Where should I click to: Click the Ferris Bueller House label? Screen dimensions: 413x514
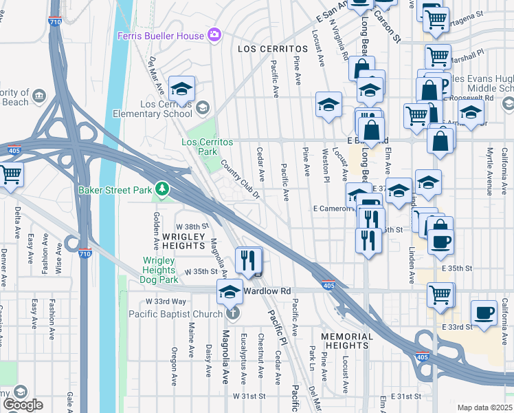tap(161, 36)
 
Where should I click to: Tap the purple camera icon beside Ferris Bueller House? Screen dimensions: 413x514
tap(214, 34)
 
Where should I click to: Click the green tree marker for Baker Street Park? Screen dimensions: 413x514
tap(161, 188)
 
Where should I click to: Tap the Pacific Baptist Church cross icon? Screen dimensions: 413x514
tap(233, 314)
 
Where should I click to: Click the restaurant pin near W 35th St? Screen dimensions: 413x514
tap(249, 260)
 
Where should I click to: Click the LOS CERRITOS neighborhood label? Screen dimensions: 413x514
tap(272, 50)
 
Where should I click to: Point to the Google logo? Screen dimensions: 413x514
tap(23, 405)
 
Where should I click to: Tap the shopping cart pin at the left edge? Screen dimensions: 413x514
tap(11, 175)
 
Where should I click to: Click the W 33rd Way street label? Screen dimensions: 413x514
tap(166, 301)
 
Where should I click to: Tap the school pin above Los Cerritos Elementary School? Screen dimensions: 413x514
tap(182, 89)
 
